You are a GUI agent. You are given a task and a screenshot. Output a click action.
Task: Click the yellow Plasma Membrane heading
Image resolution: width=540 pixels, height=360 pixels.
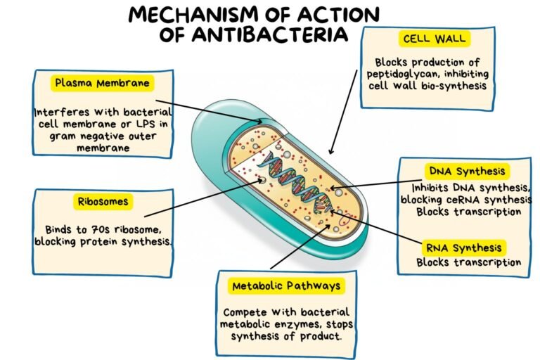coord(102,84)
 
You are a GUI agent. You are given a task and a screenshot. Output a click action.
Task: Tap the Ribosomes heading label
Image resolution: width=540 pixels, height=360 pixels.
coord(103,202)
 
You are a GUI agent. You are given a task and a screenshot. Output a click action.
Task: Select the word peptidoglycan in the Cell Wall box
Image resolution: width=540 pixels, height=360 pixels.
coord(404,74)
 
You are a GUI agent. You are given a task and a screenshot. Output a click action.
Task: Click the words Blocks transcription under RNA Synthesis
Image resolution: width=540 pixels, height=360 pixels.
coord(468,263)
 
